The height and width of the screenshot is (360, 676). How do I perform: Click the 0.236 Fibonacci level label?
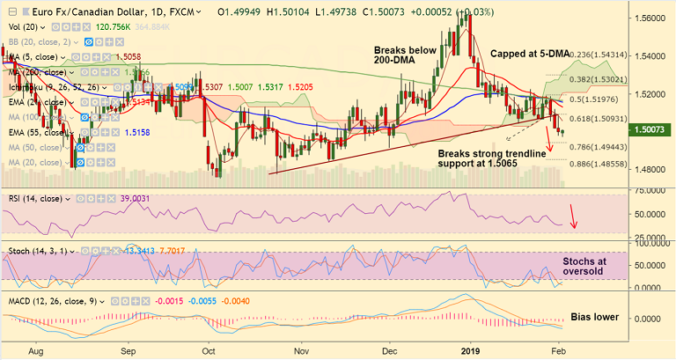pyautogui.click(x=587, y=55)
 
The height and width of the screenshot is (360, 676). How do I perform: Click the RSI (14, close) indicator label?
pyautogui.click(x=40, y=199)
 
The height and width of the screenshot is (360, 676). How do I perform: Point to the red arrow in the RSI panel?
pyautogui.click(x=573, y=216)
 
